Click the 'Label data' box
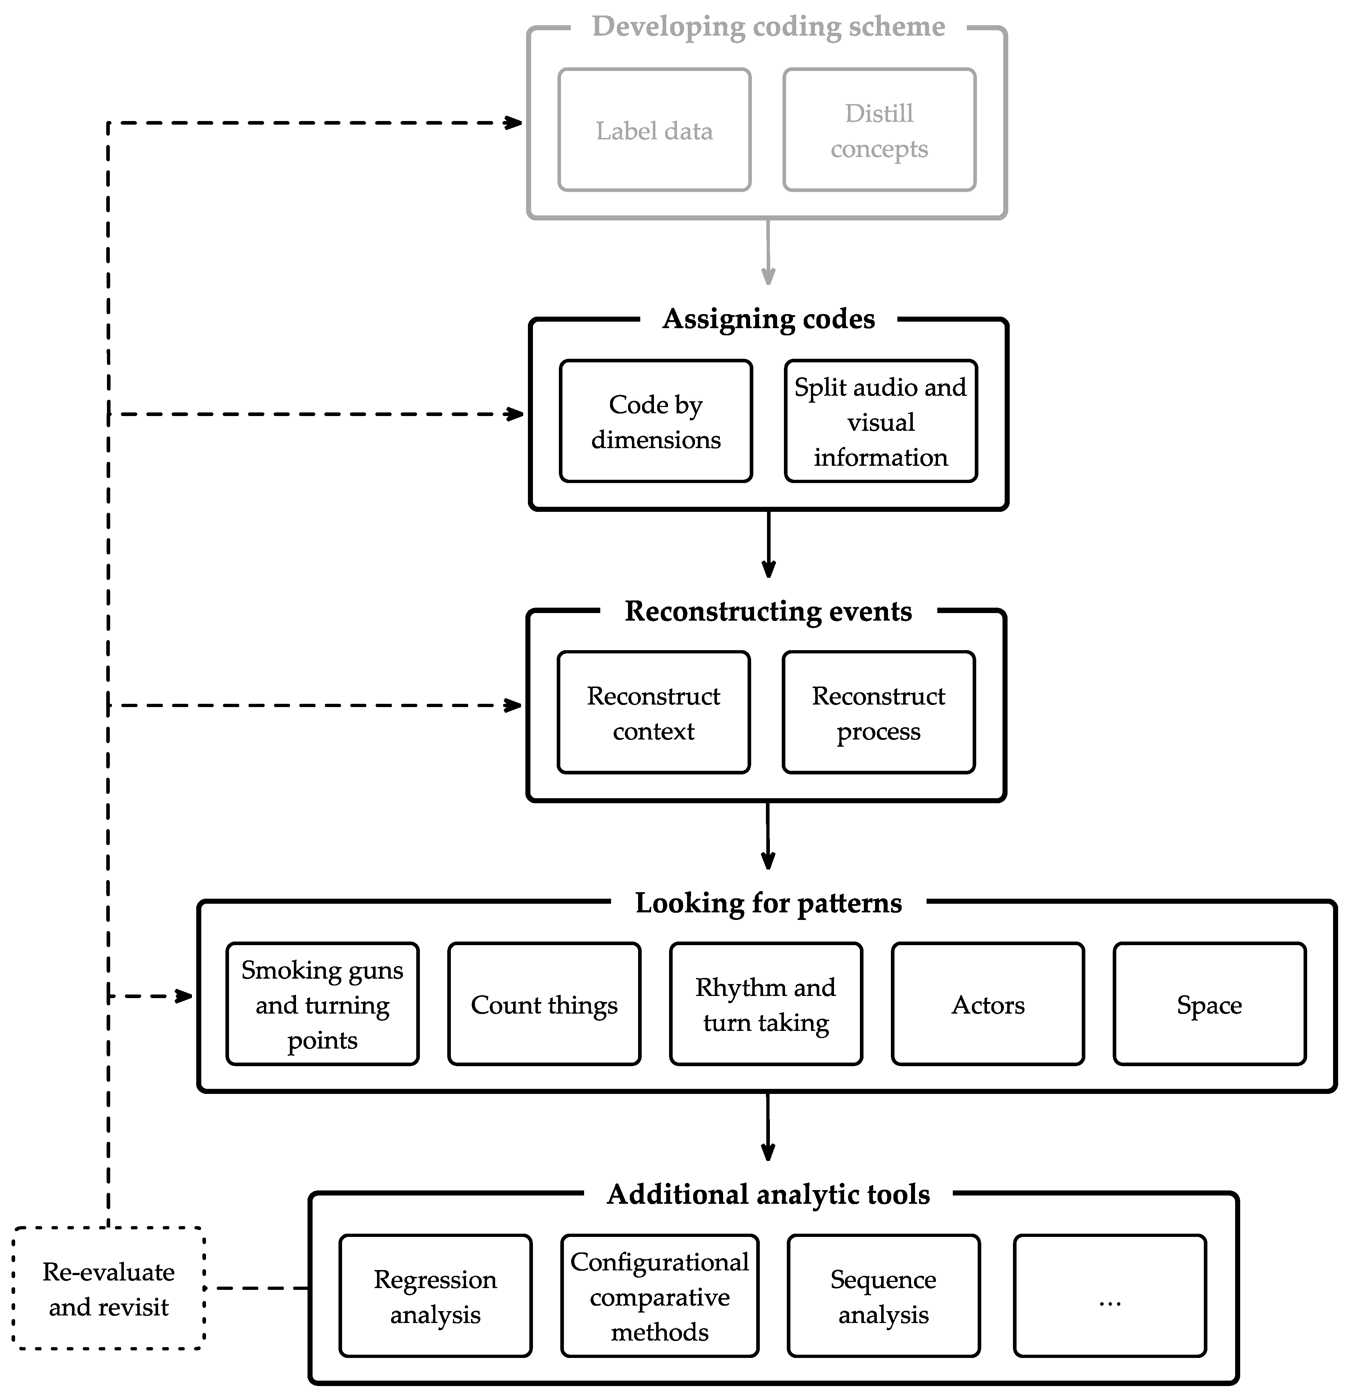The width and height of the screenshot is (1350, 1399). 654,130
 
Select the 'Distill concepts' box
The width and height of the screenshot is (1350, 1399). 879,130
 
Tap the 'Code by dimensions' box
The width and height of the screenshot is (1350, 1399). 656,421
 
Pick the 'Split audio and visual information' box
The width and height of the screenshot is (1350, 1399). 880,421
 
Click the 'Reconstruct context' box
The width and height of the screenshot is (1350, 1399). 654,712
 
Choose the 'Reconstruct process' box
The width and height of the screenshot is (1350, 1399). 878,712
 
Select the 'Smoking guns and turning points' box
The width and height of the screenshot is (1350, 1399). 323,1004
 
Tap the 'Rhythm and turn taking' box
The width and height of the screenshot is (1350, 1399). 766,1004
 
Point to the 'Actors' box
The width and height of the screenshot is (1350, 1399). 987,1004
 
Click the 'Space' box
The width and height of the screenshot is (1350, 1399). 1210,1004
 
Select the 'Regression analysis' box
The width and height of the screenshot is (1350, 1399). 435,1296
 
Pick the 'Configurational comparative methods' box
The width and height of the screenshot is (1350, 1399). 659,1296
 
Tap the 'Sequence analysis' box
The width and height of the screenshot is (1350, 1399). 883,1296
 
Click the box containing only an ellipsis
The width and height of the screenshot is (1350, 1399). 1109,1296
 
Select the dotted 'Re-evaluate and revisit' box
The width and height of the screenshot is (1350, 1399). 108,1288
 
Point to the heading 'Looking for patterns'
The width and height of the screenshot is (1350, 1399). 768,903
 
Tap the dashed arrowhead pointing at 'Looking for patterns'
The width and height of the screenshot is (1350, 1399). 184,996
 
